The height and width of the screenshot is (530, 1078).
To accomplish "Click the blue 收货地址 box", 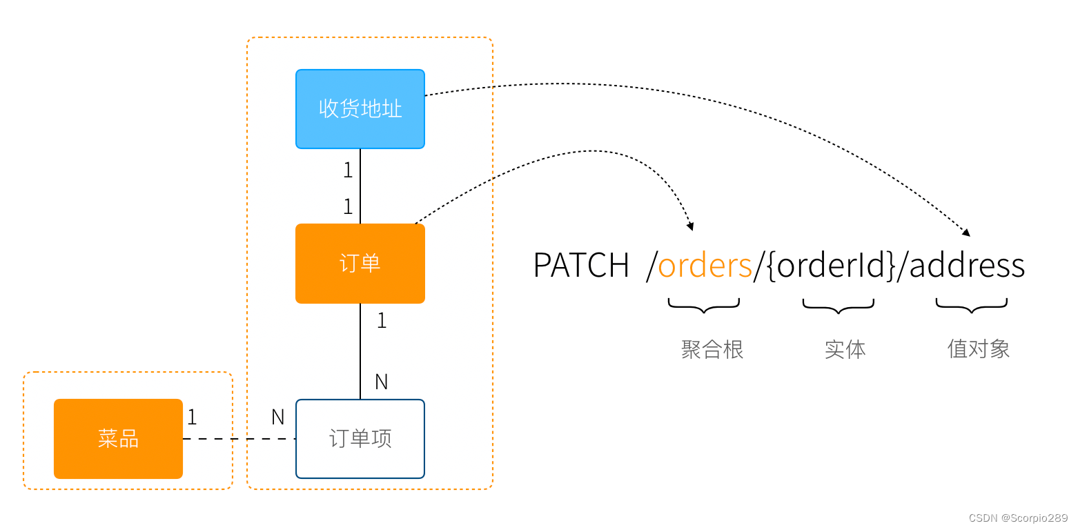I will (360, 109).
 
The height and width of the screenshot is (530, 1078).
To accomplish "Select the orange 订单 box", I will (360, 264).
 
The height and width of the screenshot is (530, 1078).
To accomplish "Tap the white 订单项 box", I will (360, 439).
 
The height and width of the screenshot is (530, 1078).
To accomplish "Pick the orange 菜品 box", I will (118, 439).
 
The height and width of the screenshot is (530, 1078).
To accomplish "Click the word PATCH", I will (581, 266).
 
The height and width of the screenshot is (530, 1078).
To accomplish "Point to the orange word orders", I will (705, 266).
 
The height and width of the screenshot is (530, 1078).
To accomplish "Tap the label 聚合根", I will (712, 349).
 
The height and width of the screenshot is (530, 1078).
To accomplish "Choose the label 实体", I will (845, 349).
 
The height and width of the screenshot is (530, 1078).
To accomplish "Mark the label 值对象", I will (979, 349).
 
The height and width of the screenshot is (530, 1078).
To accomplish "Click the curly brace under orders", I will (704, 306).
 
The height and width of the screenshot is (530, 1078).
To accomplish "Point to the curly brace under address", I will (972, 306).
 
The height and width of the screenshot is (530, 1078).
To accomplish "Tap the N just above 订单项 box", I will (381, 382).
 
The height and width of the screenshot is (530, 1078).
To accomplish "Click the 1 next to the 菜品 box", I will (192, 417).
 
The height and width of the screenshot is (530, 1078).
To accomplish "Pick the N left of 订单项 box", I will (277, 417).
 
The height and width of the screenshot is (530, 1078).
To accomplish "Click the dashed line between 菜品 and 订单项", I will (238, 439).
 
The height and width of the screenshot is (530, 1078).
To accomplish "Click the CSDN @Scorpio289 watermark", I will (1018, 518).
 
